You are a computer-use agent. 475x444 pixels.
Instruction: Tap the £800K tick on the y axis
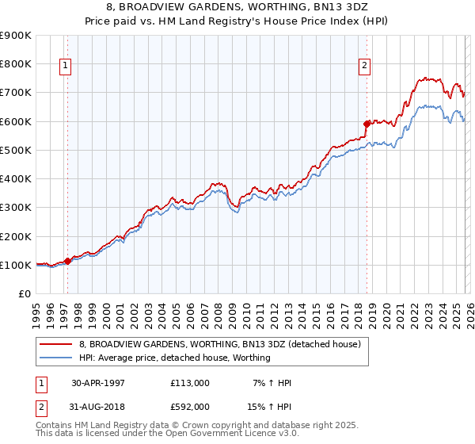[15, 63]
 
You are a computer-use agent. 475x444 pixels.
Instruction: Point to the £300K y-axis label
[15, 208]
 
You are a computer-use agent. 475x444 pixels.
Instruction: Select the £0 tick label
[24, 294]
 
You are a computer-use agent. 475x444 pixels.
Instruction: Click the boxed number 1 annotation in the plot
[65, 67]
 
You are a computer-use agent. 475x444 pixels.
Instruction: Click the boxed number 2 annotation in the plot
[365, 67]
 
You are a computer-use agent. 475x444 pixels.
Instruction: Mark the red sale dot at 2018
[367, 124]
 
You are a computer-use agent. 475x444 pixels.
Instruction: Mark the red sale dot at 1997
[68, 261]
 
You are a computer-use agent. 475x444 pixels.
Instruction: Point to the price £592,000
[189, 406]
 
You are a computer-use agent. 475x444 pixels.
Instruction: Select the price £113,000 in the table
[189, 383]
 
